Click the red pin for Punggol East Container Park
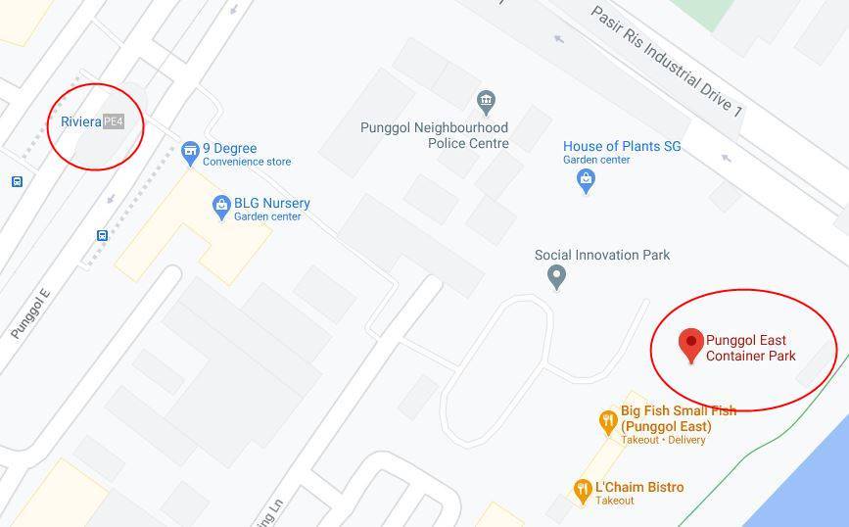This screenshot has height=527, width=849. pyautogui.click(x=691, y=344)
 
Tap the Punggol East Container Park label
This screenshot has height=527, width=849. pyautogui.click(x=751, y=349)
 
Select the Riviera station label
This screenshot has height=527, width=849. pyautogui.click(x=80, y=121)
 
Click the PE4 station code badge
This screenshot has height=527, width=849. pyautogui.click(x=114, y=121)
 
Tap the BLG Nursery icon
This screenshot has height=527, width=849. pyautogui.click(x=221, y=207)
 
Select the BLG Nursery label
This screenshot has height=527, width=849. pyautogui.click(x=271, y=208)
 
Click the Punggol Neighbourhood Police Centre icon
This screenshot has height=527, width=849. pyautogui.click(x=485, y=101)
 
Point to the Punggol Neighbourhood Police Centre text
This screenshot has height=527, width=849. pyautogui.click(x=435, y=135)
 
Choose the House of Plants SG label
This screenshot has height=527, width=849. pyautogui.click(x=622, y=152)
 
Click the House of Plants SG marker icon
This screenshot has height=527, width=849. pyautogui.click(x=586, y=180)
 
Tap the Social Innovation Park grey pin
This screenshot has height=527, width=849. pyautogui.click(x=556, y=277)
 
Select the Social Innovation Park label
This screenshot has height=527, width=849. pyautogui.click(x=602, y=255)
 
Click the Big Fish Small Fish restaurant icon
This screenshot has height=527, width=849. pyautogui.click(x=608, y=422)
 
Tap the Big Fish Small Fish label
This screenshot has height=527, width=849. pyautogui.click(x=678, y=419)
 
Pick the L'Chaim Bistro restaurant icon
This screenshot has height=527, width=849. pyautogui.click(x=583, y=489)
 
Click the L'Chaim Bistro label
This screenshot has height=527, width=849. pyautogui.click(x=638, y=492)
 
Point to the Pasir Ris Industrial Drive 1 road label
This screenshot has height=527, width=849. pyautogui.click(x=666, y=61)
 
